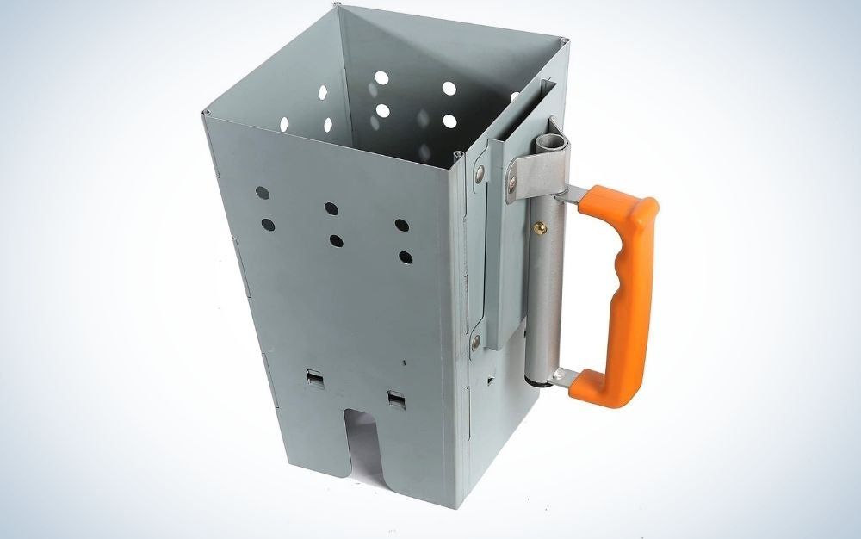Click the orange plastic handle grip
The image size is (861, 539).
[x=622, y=293]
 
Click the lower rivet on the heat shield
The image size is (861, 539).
[x=476, y=342]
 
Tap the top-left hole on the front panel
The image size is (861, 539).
[x=263, y=193]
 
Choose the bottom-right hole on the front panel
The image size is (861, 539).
[x=406, y=257]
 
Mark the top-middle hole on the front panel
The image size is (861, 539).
[x=331, y=208]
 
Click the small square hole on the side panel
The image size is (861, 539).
[x=491, y=378]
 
